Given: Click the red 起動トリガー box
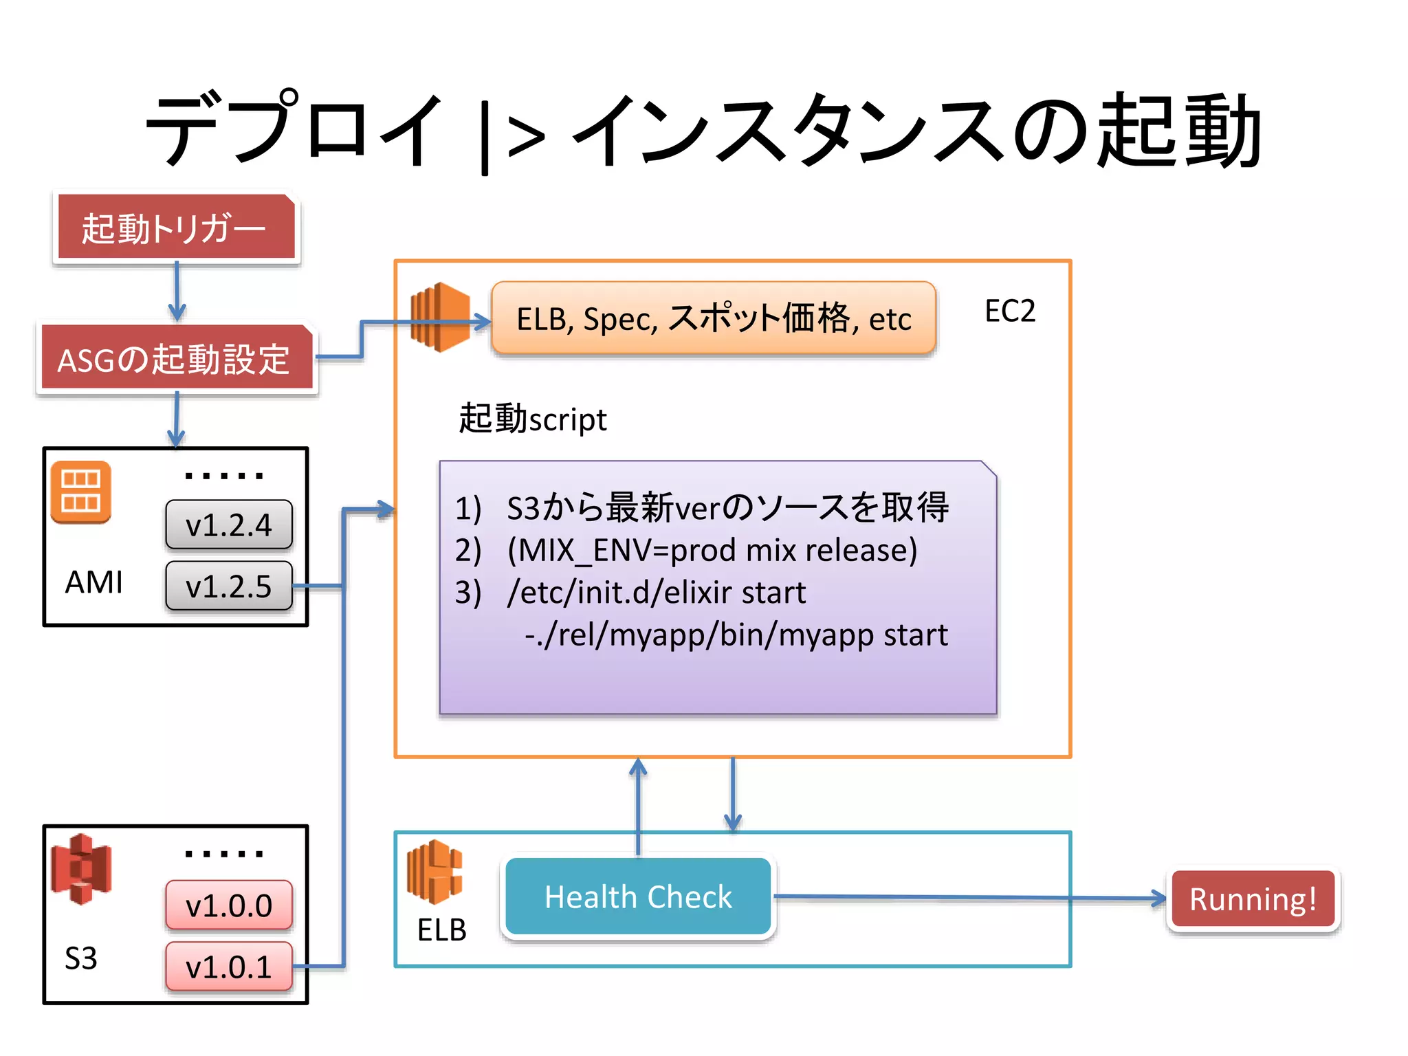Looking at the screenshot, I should click(176, 227).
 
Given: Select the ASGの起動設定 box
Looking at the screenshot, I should click(176, 358).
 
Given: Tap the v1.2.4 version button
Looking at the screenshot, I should click(229, 525).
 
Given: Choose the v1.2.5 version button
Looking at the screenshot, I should click(229, 586).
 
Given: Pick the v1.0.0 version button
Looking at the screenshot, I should click(229, 905).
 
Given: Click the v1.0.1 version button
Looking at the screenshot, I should click(229, 966).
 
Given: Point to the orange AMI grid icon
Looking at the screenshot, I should click(80, 491).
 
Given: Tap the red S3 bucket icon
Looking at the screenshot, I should click(81, 869).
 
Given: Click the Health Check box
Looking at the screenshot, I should click(638, 896).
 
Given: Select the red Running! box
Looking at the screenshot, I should click(1253, 899).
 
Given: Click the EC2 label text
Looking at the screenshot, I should click(1009, 311).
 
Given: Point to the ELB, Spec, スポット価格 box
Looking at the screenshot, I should click(714, 318).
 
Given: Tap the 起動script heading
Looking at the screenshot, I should click(533, 419).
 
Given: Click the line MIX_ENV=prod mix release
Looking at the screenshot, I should click(712, 550).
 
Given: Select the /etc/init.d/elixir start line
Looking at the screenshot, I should click(657, 592).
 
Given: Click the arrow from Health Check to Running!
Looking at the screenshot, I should click(969, 897).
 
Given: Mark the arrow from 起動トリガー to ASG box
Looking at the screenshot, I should click(177, 291).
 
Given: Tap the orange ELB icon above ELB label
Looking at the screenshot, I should click(434, 871).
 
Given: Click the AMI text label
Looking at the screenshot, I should click(93, 582).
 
